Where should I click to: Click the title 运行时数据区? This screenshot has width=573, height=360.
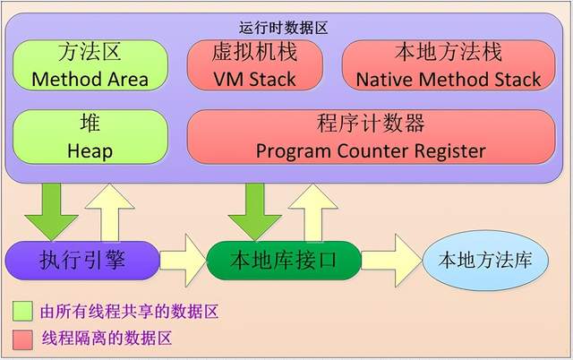tap(286, 28)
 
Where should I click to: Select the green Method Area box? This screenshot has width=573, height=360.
tap(90, 65)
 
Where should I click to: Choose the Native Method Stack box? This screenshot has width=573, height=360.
tap(448, 65)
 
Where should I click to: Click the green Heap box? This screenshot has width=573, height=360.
tap(90, 137)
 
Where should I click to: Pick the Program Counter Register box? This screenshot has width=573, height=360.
tap(370, 137)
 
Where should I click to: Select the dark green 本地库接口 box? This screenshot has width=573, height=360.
tap(283, 261)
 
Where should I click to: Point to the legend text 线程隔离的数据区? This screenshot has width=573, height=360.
tap(107, 339)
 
